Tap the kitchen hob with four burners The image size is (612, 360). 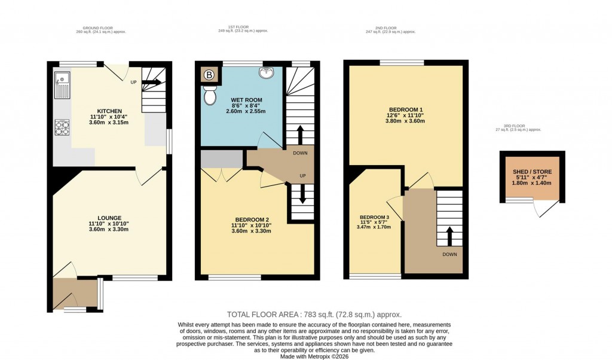point(62,127)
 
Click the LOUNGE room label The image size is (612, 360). point(110,218)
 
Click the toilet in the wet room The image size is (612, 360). point(210,95)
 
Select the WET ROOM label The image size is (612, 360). point(246,100)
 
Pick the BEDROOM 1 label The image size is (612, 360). point(405,109)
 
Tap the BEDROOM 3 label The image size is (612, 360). point(374,217)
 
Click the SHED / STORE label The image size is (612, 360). point(533,172)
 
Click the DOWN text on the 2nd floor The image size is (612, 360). point(449,255)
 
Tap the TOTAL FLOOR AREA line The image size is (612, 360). point(314,315)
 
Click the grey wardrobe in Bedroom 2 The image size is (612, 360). point(221,159)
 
